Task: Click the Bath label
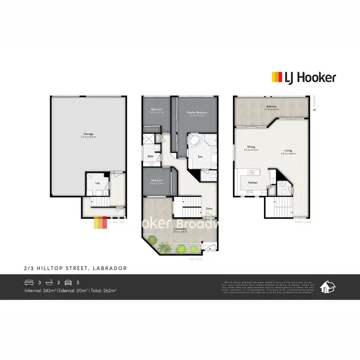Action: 150,156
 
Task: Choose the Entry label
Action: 209,208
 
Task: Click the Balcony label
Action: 271,107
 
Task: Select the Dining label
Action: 251,147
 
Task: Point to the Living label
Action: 288,151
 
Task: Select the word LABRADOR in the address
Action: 112,268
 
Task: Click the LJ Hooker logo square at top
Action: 277,77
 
